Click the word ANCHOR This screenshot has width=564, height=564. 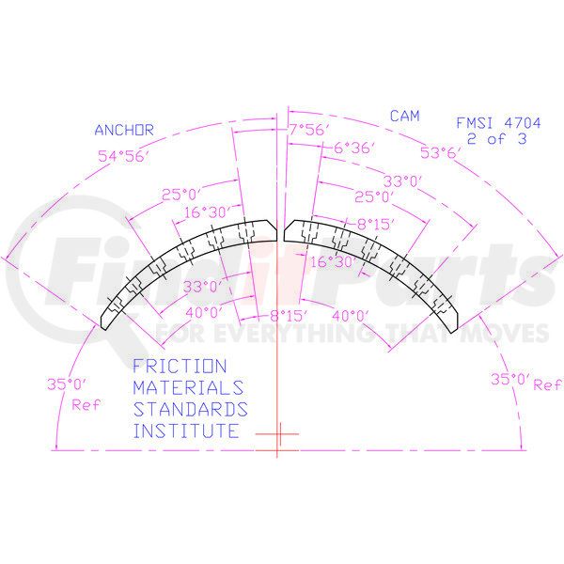tap(123, 131)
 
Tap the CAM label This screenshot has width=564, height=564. tap(404, 117)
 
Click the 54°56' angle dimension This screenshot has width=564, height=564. tap(123, 156)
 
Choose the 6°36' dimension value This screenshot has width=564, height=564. tap(354, 148)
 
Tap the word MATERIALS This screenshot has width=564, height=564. tap(188, 387)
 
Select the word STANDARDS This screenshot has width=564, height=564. tap(190, 410)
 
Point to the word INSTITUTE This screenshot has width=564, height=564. tap(185, 431)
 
